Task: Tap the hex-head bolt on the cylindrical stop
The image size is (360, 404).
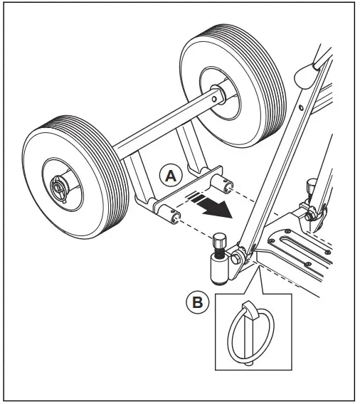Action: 219,245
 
